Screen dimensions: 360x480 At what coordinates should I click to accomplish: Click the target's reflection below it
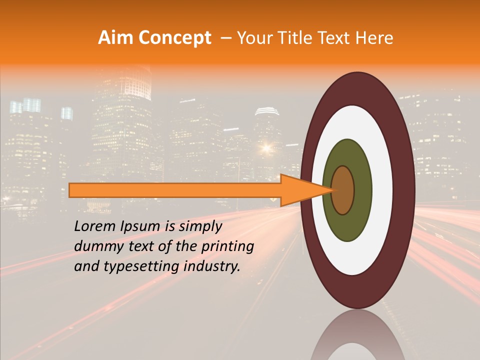click(357, 337)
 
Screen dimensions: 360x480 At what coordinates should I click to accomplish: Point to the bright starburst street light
click(265, 147)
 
